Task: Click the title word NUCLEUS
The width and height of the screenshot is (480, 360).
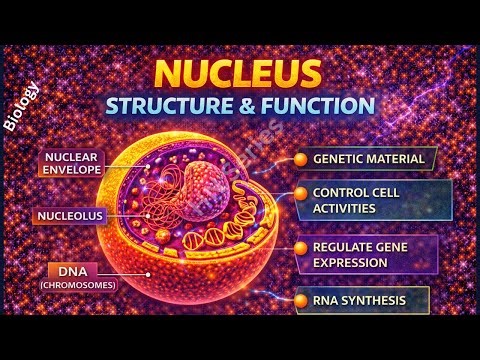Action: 240,74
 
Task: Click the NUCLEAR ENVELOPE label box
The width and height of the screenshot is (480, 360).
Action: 75,163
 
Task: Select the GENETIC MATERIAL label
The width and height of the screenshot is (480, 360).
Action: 368,159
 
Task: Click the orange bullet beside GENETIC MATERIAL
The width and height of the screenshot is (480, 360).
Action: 299,159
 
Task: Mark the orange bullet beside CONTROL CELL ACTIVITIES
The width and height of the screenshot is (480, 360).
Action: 299,194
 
